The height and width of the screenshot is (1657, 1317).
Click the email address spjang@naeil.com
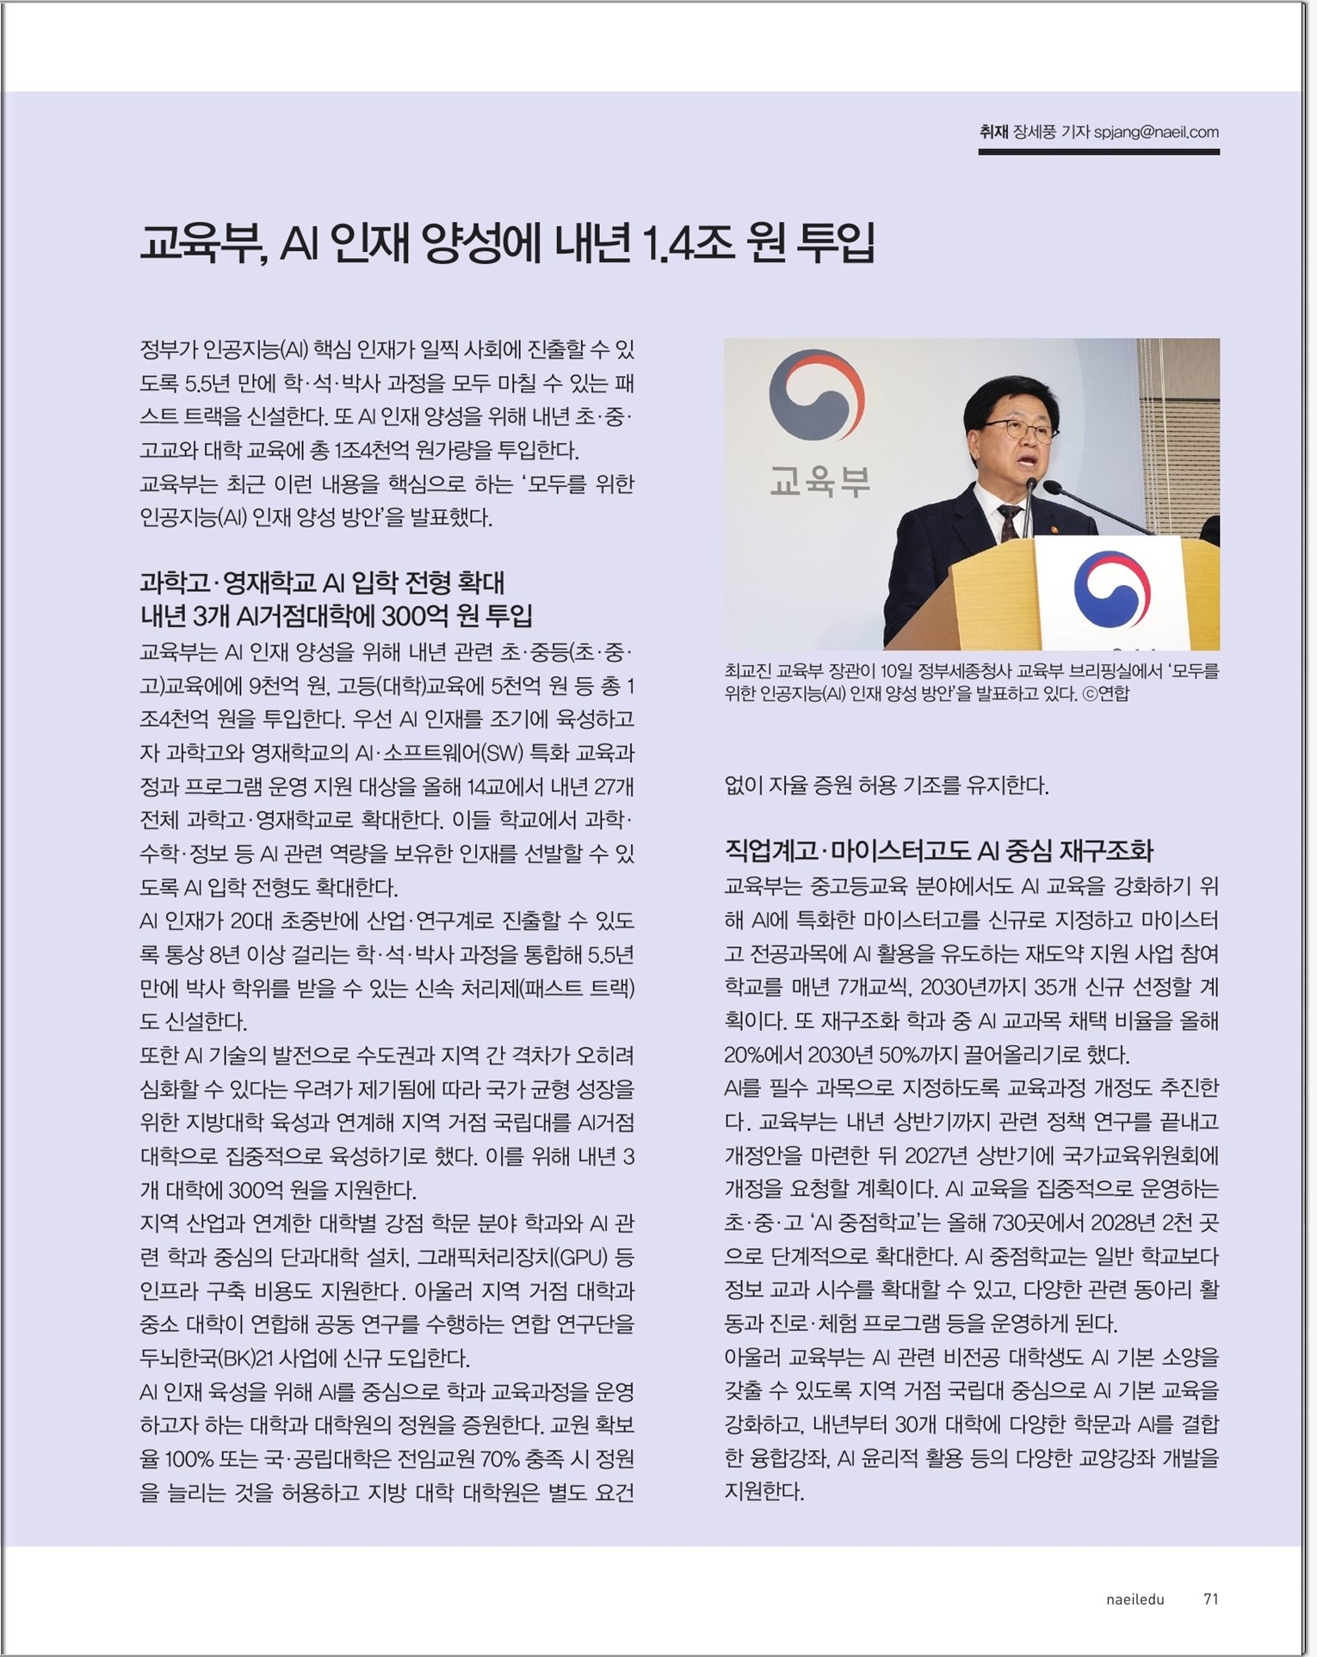1156,132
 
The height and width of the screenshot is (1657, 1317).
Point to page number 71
1210,1599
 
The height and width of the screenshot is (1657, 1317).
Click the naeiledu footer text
1135,1599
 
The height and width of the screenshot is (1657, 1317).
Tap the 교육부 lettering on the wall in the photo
819,482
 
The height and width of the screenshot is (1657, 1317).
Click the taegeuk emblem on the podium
1112,588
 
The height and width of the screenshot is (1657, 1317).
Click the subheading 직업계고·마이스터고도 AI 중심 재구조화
938,851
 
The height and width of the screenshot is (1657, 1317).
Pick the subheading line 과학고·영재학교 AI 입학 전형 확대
322,582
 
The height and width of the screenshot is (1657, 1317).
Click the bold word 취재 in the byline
993,132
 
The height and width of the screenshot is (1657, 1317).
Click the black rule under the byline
1098,152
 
